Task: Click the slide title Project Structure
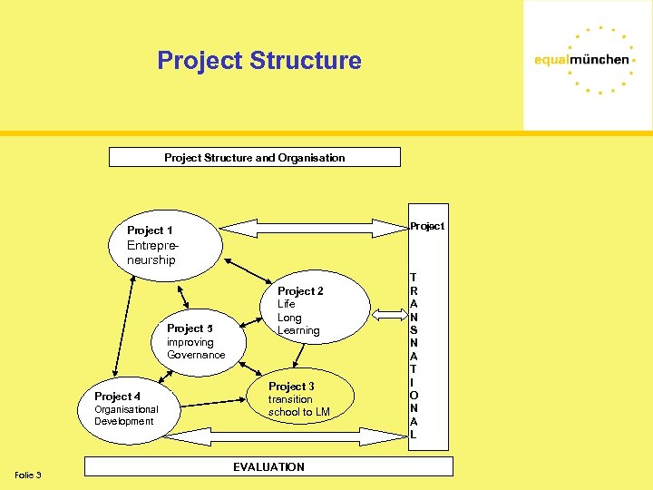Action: [258, 61]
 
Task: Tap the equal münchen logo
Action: [581, 60]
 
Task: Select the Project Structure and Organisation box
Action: [254, 157]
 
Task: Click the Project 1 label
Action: [150, 230]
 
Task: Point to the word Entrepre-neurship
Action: [151, 253]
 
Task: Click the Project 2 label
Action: [300, 291]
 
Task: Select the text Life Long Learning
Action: [298, 318]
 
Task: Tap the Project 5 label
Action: [190, 328]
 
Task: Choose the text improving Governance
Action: [195, 348]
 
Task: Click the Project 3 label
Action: [291, 387]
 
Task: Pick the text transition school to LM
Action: [298, 406]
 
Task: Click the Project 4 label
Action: [117, 397]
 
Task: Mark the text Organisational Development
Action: [126, 415]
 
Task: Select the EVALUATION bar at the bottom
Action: [268, 466]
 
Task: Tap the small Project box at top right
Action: [426, 226]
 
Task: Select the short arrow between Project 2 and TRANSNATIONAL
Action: [389, 315]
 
